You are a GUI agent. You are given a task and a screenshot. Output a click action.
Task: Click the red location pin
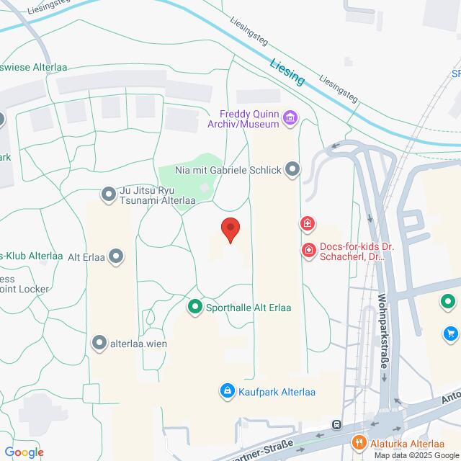(230, 229)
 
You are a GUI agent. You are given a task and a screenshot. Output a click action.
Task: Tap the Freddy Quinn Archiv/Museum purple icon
(290, 117)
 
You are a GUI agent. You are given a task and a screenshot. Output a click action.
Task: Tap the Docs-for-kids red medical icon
(308, 250)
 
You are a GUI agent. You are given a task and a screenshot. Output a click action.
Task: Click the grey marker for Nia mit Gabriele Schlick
(292, 170)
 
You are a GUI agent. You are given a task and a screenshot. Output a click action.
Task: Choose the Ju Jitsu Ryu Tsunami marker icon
(109, 194)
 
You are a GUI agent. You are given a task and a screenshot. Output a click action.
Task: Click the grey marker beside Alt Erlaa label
(117, 256)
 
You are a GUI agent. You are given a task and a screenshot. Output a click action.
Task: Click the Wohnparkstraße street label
(382, 331)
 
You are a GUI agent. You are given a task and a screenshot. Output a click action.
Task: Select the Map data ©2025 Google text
(416, 455)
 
